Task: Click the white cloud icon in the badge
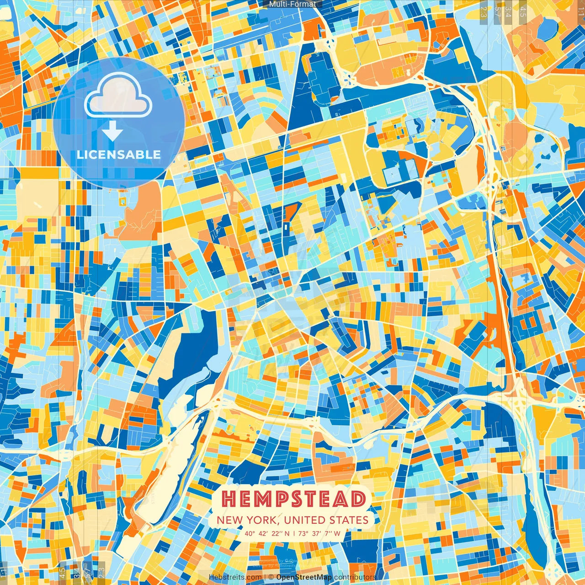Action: point(118,96)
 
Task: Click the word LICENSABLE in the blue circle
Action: point(119,154)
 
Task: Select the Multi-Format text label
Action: point(292,4)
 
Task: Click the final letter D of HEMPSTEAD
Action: point(358,499)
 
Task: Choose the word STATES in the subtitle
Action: point(350,520)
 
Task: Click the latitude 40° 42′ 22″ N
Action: point(267,533)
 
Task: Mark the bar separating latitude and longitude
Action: point(294,533)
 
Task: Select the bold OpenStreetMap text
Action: point(304,577)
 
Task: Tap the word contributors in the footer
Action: point(355,577)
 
